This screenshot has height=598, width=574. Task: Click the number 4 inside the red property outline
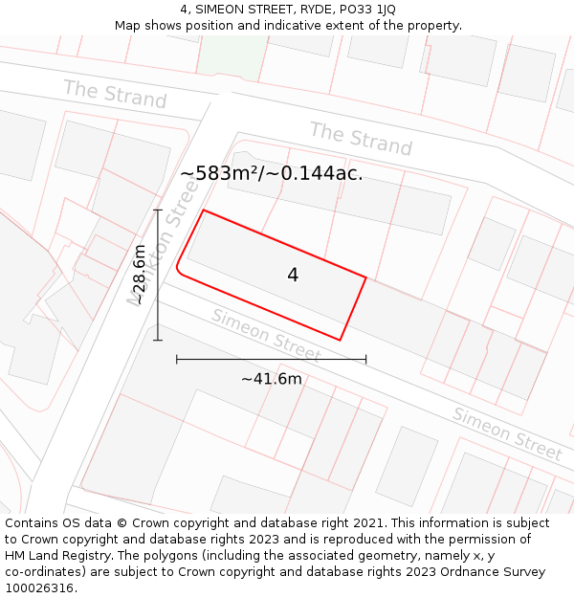pyautogui.click(x=293, y=275)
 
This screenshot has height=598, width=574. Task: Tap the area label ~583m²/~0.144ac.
pyautogui.click(x=271, y=173)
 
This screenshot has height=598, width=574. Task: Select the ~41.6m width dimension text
pyautogui.click(x=271, y=379)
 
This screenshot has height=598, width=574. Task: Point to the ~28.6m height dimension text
pyautogui.click(x=140, y=275)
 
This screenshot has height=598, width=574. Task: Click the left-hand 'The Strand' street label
pyautogui.click(x=115, y=95)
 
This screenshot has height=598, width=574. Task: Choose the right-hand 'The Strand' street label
pyautogui.click(x=361, y=139)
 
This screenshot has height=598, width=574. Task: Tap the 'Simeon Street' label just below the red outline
pyautogui.click(x=266, y=335)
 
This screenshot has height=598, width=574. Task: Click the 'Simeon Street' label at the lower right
pyautogui.click(x=507, y=433)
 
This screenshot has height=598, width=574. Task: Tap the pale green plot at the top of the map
pyautogui.click(x=231, y=56)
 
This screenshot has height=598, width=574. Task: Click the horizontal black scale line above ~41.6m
pyautogui.click(x=271, y=359)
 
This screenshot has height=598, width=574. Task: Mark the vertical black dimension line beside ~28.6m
pyautogui.click(x=158, y=275)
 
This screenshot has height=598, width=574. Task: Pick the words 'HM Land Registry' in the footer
pyautogui.click(x=54, y=556)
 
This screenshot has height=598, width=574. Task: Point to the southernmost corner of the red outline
pyautogui.click(x=341, y=339)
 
